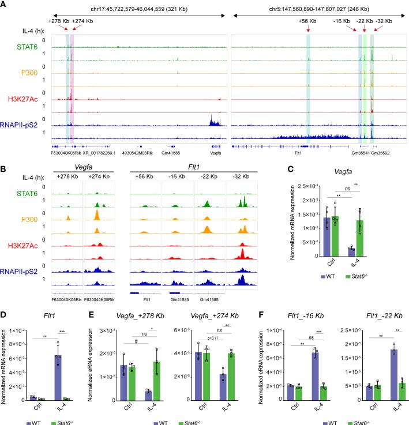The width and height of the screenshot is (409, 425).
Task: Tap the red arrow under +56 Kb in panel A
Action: click(x=309, y=28)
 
